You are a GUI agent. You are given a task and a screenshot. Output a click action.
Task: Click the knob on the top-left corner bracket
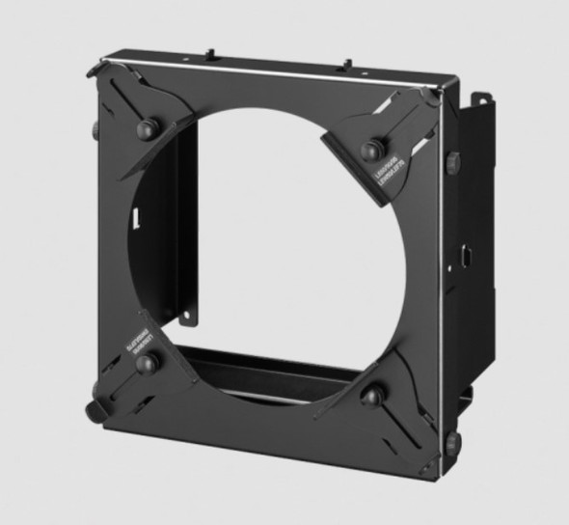(x=148, y=129)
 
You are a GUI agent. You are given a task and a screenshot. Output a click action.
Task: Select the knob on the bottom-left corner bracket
(x=148, y=363)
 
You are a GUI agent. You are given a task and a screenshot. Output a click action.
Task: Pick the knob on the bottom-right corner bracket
(x=372, y=395)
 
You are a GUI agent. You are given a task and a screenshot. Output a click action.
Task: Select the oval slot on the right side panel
(x=467, y=259)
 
